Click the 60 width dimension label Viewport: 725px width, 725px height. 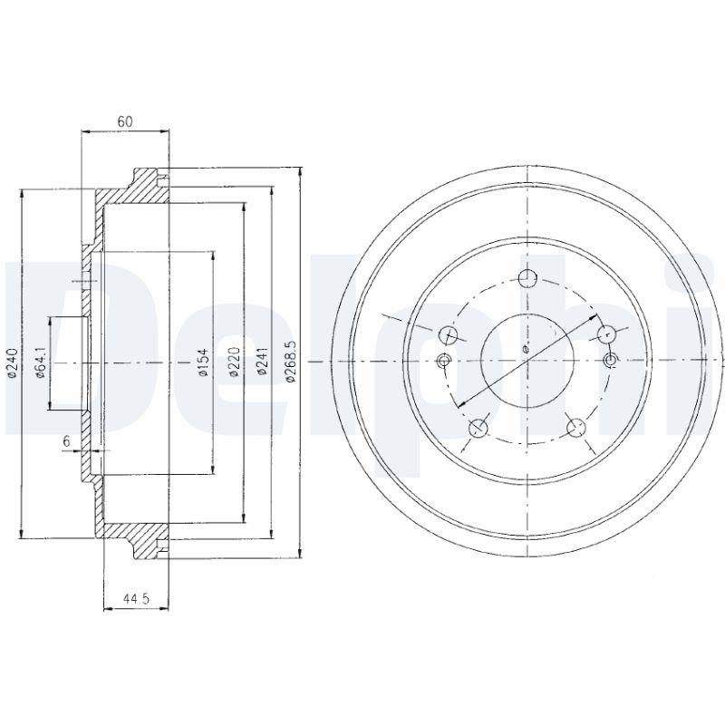[125, 121]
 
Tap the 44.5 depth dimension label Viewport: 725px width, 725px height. [137, 599]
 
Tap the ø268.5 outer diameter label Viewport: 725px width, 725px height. [291, 362]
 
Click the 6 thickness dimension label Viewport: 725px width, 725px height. [66, 441]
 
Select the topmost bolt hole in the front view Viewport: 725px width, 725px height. [527, 279]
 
